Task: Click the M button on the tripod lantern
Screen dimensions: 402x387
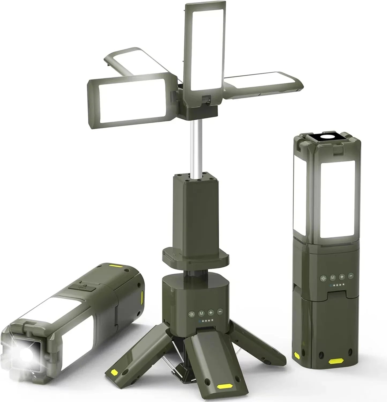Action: tap(201, 313)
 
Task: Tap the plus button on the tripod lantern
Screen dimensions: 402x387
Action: tap(211, 312)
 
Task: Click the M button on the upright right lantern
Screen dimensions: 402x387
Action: tap(333, 277)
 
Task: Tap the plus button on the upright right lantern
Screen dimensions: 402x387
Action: tap(342, 276)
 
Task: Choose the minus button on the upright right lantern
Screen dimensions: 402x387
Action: tap(351, 275)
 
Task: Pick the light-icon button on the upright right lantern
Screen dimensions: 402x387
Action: tap(323, 278)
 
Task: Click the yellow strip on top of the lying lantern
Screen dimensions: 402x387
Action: tap(116, 266)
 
